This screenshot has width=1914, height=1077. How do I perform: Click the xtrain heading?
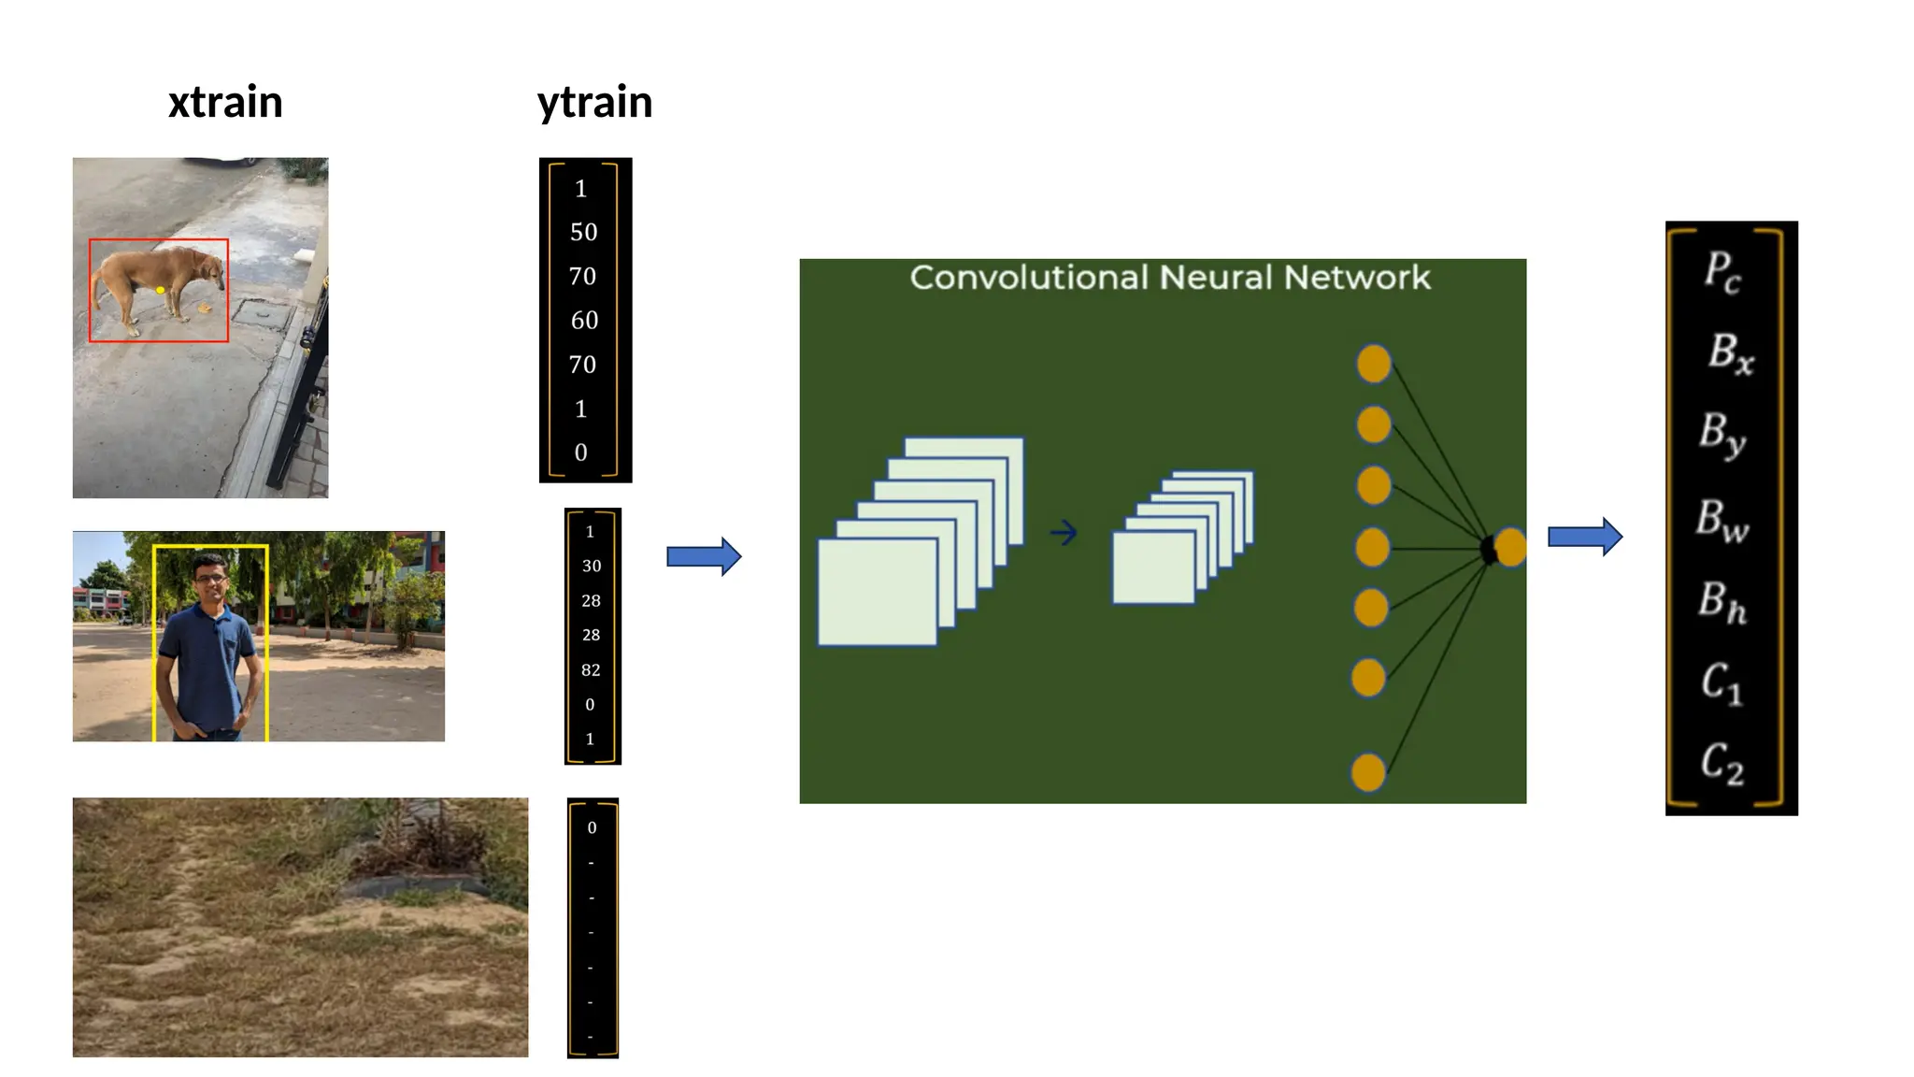(x=225, y=102)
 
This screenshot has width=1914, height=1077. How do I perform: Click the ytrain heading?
(x=594, y=102)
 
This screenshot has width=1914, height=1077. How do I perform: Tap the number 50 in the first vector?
(x=583, y=232)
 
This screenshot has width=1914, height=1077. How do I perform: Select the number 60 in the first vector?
(x=584, y=321)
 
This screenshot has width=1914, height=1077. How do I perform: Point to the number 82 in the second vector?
(x=591, y=669)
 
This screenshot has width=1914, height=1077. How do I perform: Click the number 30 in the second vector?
(x=592, y=566)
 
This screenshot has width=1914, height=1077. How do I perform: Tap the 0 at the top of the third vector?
(x=592, y=827)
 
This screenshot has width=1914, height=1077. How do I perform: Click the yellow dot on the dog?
(x=161, y=291)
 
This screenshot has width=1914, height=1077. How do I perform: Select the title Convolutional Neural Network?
(x=1169, y=278)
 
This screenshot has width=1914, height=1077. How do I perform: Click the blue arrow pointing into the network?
(x=704, y=557)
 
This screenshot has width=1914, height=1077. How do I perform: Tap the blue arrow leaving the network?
(x=1585, y=537)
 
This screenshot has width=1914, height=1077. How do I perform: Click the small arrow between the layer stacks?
(x=1064, y=533)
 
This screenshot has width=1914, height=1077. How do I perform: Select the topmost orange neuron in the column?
(x=1374, y=364)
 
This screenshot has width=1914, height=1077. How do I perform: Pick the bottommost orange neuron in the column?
(x=1368, y=773)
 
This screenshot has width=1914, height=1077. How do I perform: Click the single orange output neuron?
(x=1510, y=547)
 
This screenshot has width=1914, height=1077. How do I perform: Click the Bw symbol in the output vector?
(x=1721, y=520)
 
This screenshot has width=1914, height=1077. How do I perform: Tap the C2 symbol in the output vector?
(x=1721, y=763)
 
